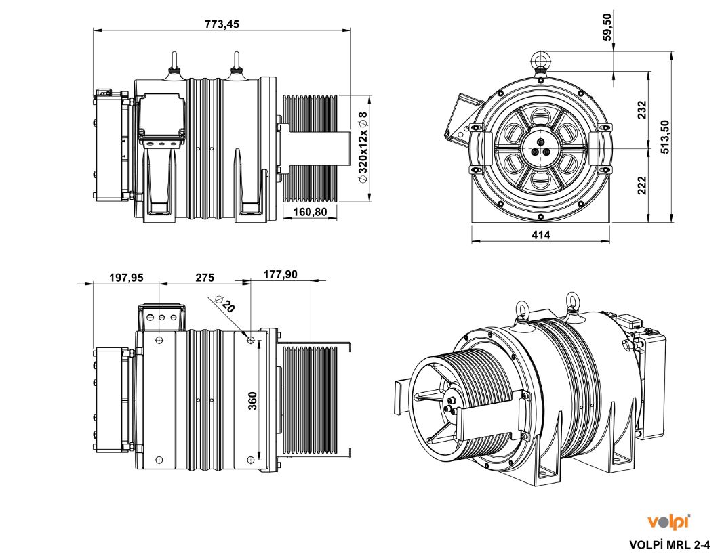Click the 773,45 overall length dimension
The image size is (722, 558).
(x=222, y=24)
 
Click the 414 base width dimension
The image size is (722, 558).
(x=541, y=235)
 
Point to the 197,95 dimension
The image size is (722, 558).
(x=126, y=277)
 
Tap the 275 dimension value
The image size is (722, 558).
(x=205, y=277)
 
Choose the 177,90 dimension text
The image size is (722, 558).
(x=281, y=274)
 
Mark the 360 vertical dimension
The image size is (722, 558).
(x=252, y=400)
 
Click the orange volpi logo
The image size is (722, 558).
(x=668, y=521)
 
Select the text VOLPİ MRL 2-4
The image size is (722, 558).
(x=670, y=544)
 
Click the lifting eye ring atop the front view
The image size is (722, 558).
(x=540, y=61)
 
